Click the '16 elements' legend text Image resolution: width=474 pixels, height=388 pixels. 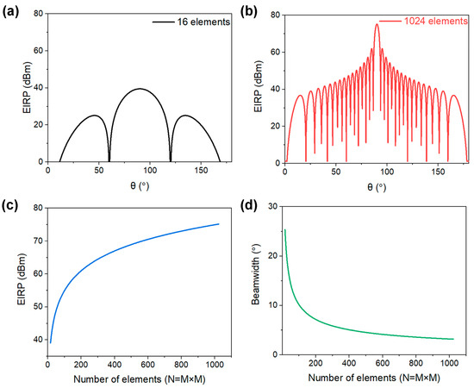tap(203, 22)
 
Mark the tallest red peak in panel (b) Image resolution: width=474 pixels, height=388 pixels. tap(377, 24)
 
